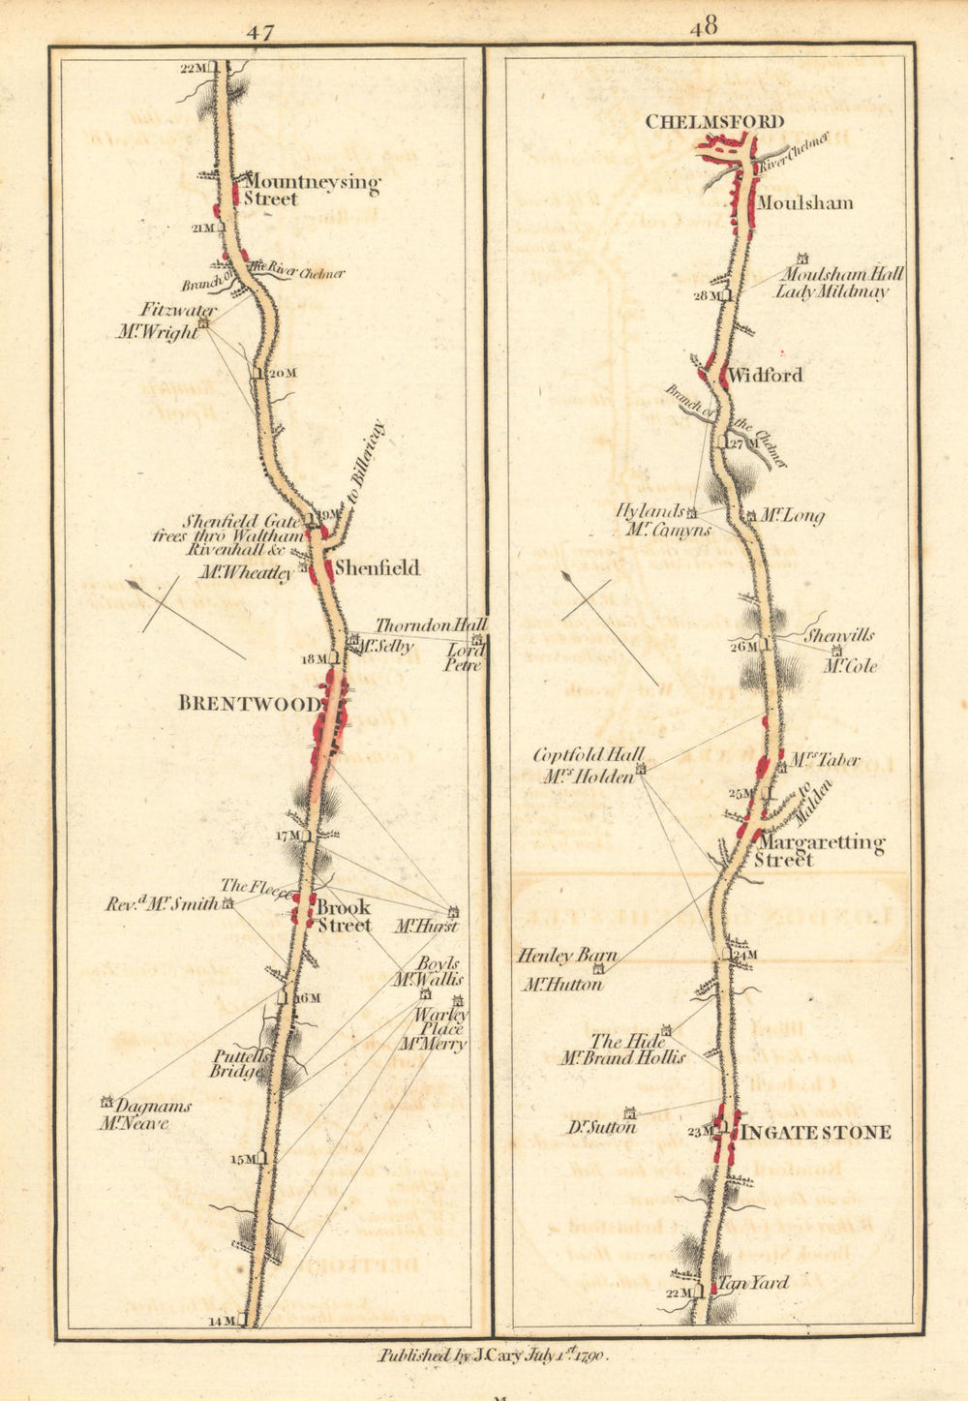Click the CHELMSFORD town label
(714, 122)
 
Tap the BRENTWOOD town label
(249, 704)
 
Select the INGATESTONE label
(816, 1132)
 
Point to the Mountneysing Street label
(312, 190)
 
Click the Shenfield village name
(378, 568)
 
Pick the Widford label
(766, 376)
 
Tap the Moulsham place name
(804, 203)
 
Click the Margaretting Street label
(820, 851)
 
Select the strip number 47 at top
(259, 32)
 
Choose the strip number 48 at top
(704, 27)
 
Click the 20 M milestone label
(281, 373)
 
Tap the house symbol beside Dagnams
(107, 1102)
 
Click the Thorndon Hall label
(431, 626)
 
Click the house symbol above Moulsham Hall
(802, 259)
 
